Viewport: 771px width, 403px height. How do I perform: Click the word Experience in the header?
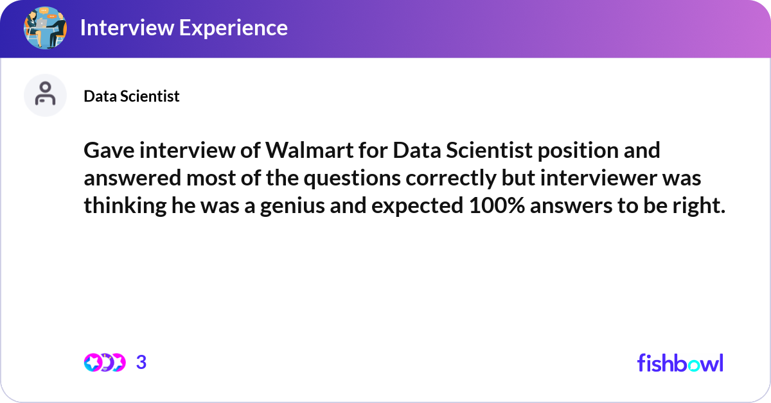coord(233,28)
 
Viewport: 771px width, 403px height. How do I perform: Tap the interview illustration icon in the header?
coord(45,28)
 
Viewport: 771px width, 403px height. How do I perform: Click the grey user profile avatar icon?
coord(45,95)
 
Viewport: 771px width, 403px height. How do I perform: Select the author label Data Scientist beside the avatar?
coord(132,96)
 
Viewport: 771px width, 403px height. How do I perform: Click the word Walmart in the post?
coord(310,150)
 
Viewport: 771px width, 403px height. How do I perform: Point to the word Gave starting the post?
coord(109,150)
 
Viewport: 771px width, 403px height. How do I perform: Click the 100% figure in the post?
coord(497,205)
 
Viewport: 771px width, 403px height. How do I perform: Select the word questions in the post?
coord(352,178)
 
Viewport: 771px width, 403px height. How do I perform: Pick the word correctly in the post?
coord(451,178)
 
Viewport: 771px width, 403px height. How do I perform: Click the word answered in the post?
coord(132,178)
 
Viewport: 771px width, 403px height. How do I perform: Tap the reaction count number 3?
coord(141,362)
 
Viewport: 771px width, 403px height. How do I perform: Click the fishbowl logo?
coord(680,363)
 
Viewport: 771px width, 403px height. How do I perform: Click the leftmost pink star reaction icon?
coord(93,363)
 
